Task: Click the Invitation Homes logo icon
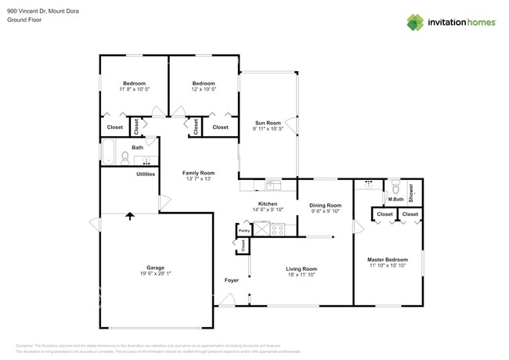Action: click(x=415, y=22)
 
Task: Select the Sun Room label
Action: click(x=268, y=123)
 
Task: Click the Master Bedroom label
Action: click(x=388, y=259)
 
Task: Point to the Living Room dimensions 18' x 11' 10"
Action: click(x=301, y=275)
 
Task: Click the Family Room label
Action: click(x=199, y=173)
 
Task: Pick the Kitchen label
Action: click(x=269, y=203)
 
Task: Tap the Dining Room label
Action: click(x=325, y=204)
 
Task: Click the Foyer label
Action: click(x=232, y=279)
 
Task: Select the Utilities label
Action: click(x=146, y=174)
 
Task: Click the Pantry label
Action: click(x=244, y=231)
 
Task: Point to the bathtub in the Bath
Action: click(x=109, y=151)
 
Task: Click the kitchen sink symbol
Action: click(x=273, y=186)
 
